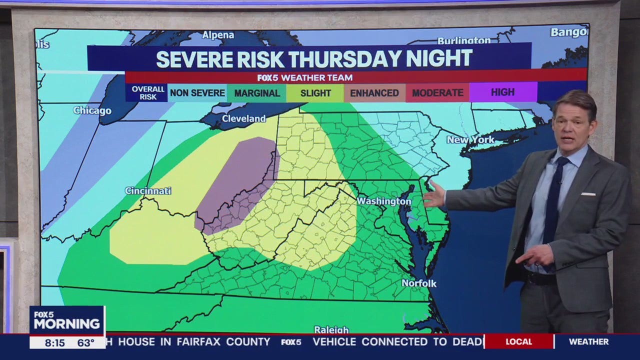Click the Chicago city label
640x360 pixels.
pyautogui.click(x=92, y=110)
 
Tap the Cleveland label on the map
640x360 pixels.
pyautogui.click(x=243, y=118)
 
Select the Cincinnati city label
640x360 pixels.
pyautogui.click(x=148, y=191)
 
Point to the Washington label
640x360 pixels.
pyautogui.click(x=383, y=201)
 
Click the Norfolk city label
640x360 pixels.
pyautogui.click(x=419, y=283)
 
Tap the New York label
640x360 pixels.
pyautogui.click(x=470, y=139)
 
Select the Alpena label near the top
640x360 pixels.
pyautogui.click(x=218, y=35)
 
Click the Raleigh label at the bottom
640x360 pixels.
pyautogui.click(x=331, y=329)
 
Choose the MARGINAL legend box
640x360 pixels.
pyautogui.click(x=256, y=93)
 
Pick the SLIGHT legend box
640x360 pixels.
pyautogui.click(x=315, y=93)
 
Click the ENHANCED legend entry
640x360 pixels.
pyautogui.click(x=374, y=93)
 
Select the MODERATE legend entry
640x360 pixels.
pyautogui.click(x=437, y=93)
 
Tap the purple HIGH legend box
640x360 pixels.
pyautogui.click(x=502, y=92)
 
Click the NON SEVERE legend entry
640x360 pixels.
pyautogui.click(x=197, y=93)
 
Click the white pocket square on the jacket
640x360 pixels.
pyautogui.click(x=588, y=193)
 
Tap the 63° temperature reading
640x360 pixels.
pyautogui.click(x=85, y=342)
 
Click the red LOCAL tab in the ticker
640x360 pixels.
pyautogui.click(x=518, y=342)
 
